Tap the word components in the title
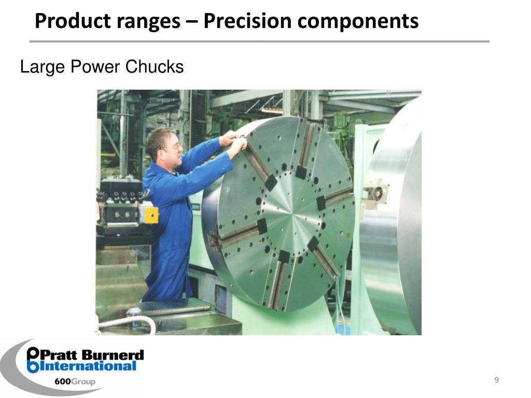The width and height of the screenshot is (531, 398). (x=358, y=21)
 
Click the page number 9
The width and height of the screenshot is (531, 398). (x=496, y=381)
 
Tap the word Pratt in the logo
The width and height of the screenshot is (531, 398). (x=58, y=356)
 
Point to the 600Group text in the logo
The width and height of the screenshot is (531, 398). (x=75, y=382)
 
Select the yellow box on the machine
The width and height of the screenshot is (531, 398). (x=151, y=214)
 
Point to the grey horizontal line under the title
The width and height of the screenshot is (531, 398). (x=259, y=41)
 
